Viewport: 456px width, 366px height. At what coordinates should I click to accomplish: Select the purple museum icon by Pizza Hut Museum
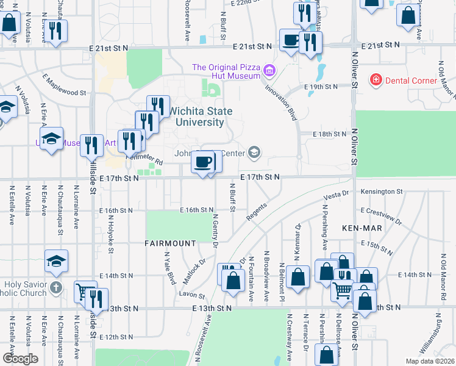tap(269, 73)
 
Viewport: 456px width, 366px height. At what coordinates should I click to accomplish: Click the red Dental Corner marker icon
tap(376, 80)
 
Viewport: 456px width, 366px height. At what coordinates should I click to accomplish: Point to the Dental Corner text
tap(411, 81)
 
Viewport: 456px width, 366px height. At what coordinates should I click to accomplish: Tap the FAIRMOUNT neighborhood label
tap(170, 243)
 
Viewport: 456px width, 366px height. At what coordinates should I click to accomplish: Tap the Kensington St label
tap(381, 192)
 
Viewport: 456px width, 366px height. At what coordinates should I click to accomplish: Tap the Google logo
tap(20, 359)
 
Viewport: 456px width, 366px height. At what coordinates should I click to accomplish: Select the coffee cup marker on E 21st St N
tap(290, 41)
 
